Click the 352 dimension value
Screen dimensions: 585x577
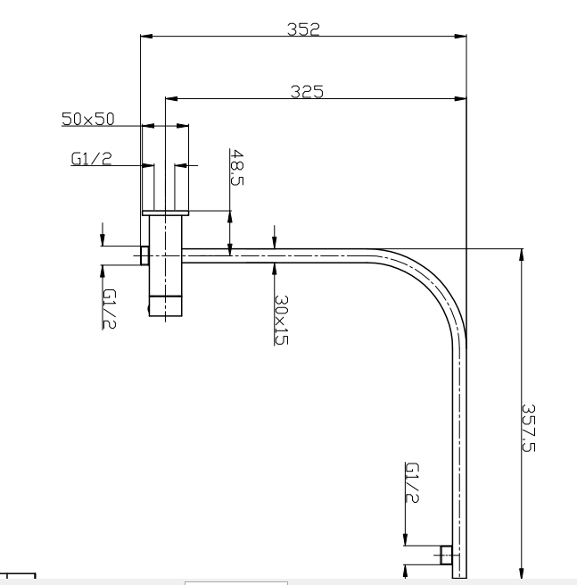303,29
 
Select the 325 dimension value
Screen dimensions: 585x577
306,91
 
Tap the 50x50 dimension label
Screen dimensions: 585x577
88,119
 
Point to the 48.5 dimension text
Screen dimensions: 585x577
236,167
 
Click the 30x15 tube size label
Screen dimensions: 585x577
281,320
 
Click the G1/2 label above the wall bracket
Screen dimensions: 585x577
90,159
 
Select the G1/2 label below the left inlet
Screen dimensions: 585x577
110,308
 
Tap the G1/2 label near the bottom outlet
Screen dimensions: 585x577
412,483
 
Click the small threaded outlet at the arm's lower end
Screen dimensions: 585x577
446,555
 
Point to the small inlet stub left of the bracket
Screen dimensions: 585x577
144,255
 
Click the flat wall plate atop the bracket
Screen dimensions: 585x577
166,213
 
